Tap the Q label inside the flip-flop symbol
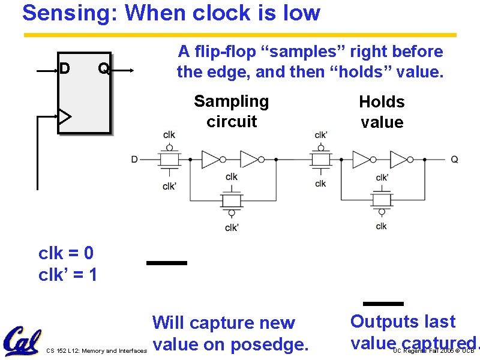point(103,69)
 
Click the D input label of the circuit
point(134,159)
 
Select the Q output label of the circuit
point(455,159)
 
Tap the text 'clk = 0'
point(66,253)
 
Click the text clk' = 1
point(68,275)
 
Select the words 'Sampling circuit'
point(232,111)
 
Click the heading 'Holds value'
point(382,112)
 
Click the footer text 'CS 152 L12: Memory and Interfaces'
point(96,351)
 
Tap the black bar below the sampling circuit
point(167,263)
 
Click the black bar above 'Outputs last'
point(383,304)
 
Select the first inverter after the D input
point(211,159)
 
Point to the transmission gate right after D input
point(170,159)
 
